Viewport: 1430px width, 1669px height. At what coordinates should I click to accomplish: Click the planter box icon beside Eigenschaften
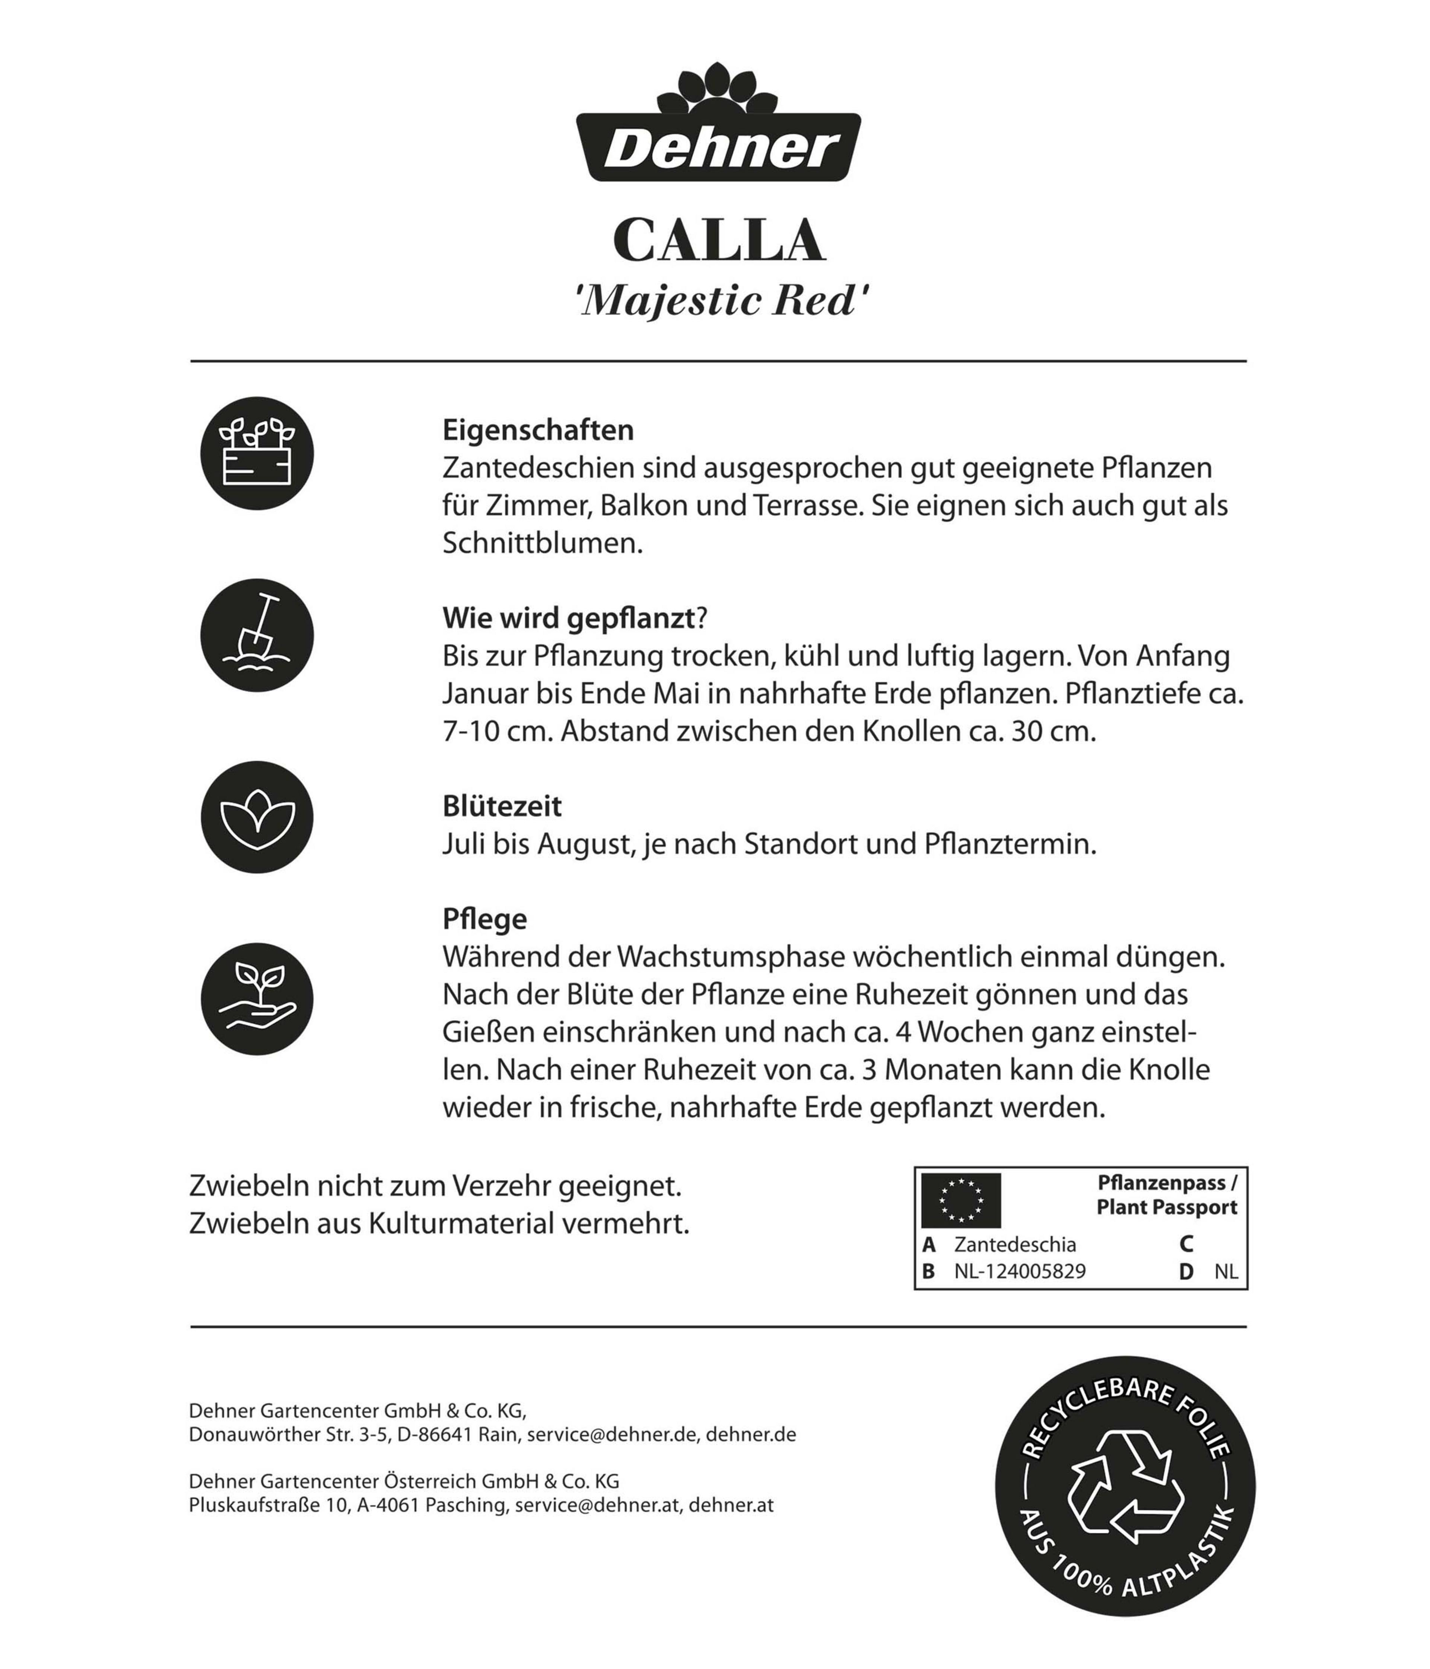tap(257, 453)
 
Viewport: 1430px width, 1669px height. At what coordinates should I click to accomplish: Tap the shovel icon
tap(257, 636)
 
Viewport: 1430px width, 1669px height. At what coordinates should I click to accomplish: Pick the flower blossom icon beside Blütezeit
tap(257, 817)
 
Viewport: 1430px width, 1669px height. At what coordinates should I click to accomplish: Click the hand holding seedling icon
tap(257, 999)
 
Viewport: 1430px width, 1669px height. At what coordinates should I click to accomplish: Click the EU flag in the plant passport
tap(960, 1200)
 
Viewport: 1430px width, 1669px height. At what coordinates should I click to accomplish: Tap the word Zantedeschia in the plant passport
tap(1014, 1245)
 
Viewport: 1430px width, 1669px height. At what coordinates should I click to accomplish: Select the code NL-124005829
tap(1019, 1271)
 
